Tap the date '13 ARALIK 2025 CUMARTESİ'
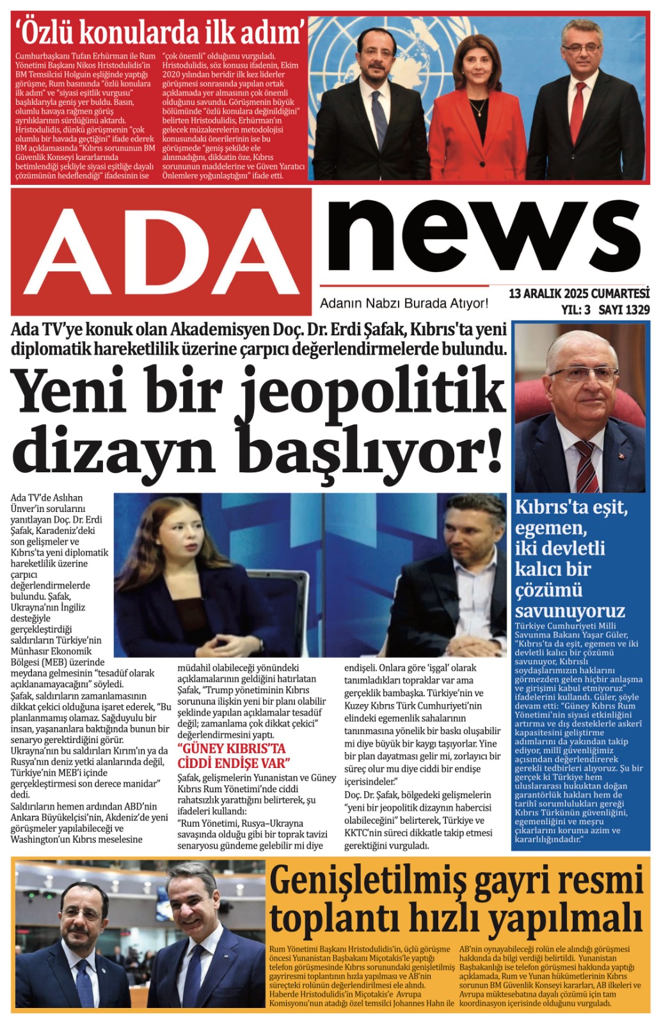coord(578,294)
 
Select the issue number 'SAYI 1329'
coord(624,310)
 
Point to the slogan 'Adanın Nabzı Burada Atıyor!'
coord(404,303)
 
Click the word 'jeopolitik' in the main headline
coord(374,392)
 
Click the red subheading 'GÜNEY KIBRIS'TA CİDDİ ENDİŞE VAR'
coord(233,756)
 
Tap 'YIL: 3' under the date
coord(575,310)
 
